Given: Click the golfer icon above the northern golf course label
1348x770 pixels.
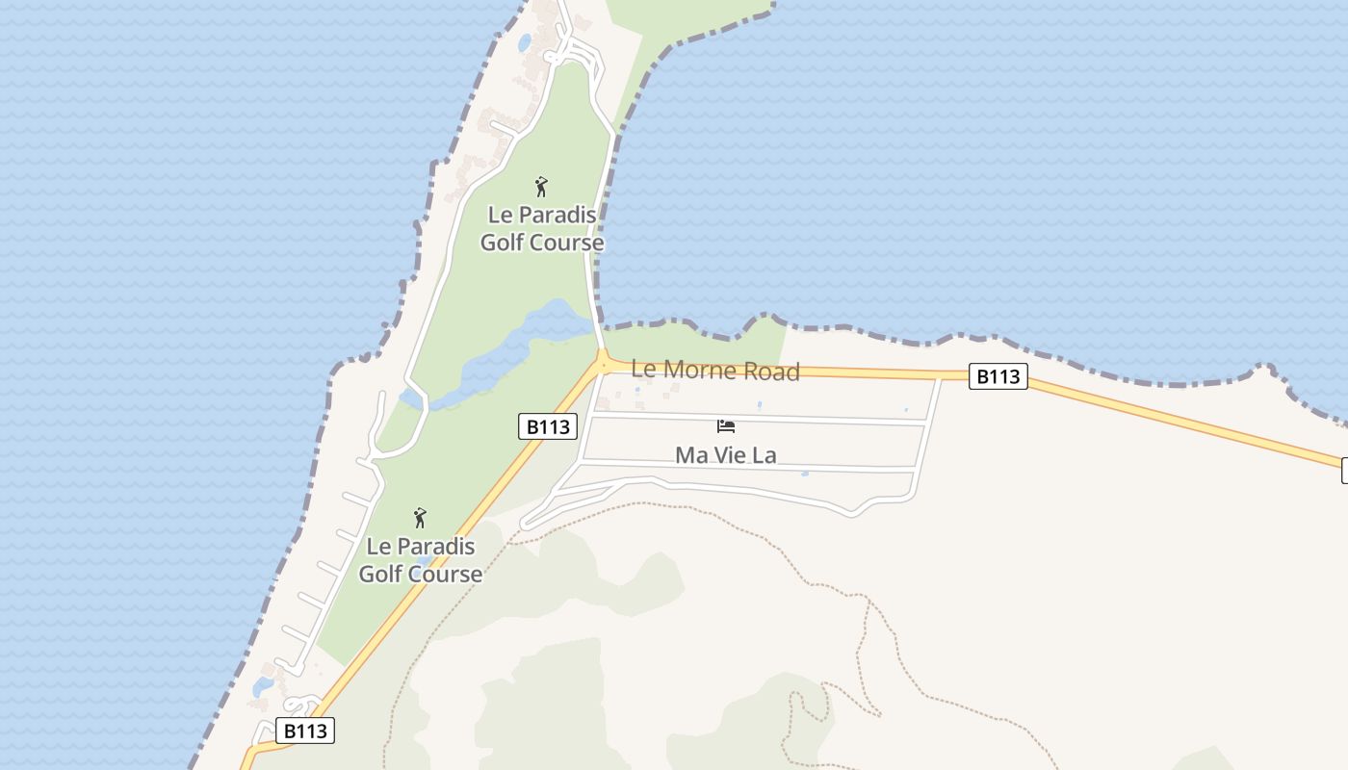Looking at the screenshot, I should click(x=541, y=186).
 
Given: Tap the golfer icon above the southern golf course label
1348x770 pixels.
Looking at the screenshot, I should click(x=420, y=518).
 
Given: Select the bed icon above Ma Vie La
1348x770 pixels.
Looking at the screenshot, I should click(x=726, y=426).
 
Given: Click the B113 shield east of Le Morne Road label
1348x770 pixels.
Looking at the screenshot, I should click(x=998, y=376).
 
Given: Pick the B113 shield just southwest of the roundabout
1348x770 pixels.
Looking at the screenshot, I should click(x=547, y=426).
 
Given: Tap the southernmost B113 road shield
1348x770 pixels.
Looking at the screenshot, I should click(x=305, y=731).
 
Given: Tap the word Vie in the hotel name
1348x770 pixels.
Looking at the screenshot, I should click(x=727, y=454).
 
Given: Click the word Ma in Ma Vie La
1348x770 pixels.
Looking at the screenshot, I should click(x=690, y=454).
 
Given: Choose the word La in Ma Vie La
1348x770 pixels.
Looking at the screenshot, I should click(x=764, y=454).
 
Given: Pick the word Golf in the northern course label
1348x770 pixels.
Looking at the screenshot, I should click(x=502, y=243).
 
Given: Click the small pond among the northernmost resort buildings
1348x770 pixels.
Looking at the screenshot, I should click(x=524, y=43).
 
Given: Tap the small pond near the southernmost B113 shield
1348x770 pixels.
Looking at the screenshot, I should click(x=262, y=686).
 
